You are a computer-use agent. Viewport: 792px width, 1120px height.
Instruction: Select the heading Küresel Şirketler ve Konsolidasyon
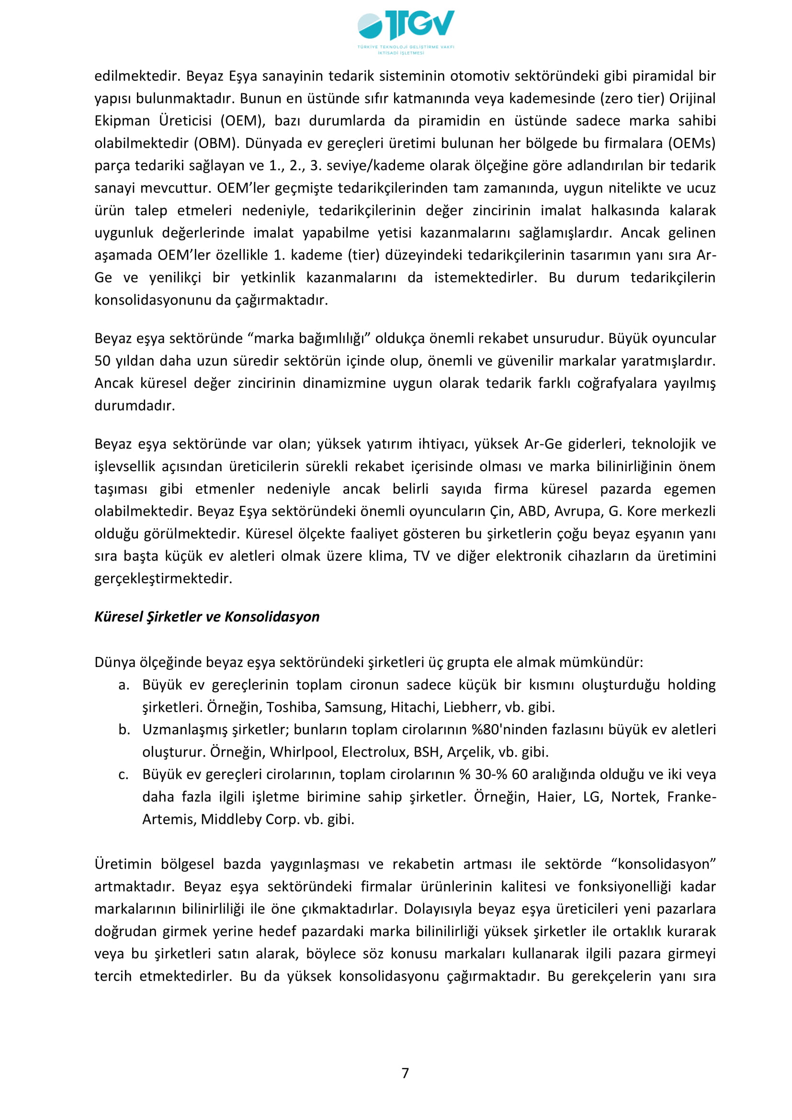coord(207,617)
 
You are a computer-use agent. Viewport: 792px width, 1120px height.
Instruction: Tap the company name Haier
coord(554,797)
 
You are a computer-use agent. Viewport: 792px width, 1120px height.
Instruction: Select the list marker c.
coord(124,774)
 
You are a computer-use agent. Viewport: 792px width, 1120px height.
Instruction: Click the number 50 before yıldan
coord(102,361)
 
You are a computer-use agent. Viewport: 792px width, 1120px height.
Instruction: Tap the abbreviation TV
coord(421,556)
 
